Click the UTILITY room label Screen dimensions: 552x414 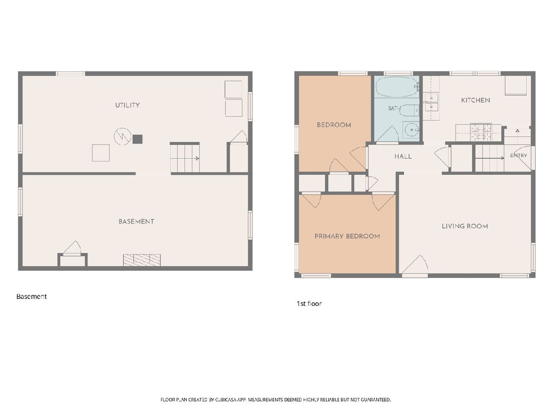[x=127, y=105]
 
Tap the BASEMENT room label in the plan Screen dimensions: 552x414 [x=136, y=221]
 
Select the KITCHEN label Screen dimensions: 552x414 [x=475, y=100]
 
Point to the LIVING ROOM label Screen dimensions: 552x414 [x=465, y=226]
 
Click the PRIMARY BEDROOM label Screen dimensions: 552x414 [x=347, y=236]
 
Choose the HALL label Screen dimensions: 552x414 [x=403, y=156]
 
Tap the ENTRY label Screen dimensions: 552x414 [x=518, y=155]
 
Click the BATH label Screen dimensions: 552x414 [x=394, y=109]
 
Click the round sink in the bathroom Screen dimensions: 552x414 [x=411, y=130]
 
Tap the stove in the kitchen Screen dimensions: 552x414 [x=481, y=132]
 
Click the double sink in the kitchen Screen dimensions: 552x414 [x=431, y=103]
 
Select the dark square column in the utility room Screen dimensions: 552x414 [x=138, y=139]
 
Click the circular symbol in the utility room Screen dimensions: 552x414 [x=122, y=137]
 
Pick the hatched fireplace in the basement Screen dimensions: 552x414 [x=142, y=260]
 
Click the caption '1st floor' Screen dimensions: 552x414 [x=309, y=304]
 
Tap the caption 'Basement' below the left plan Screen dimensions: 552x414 [x=31, y=297]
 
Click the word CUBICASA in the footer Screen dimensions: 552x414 [x=226, y=400]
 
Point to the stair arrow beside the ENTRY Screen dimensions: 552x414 [x=489, y=158]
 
